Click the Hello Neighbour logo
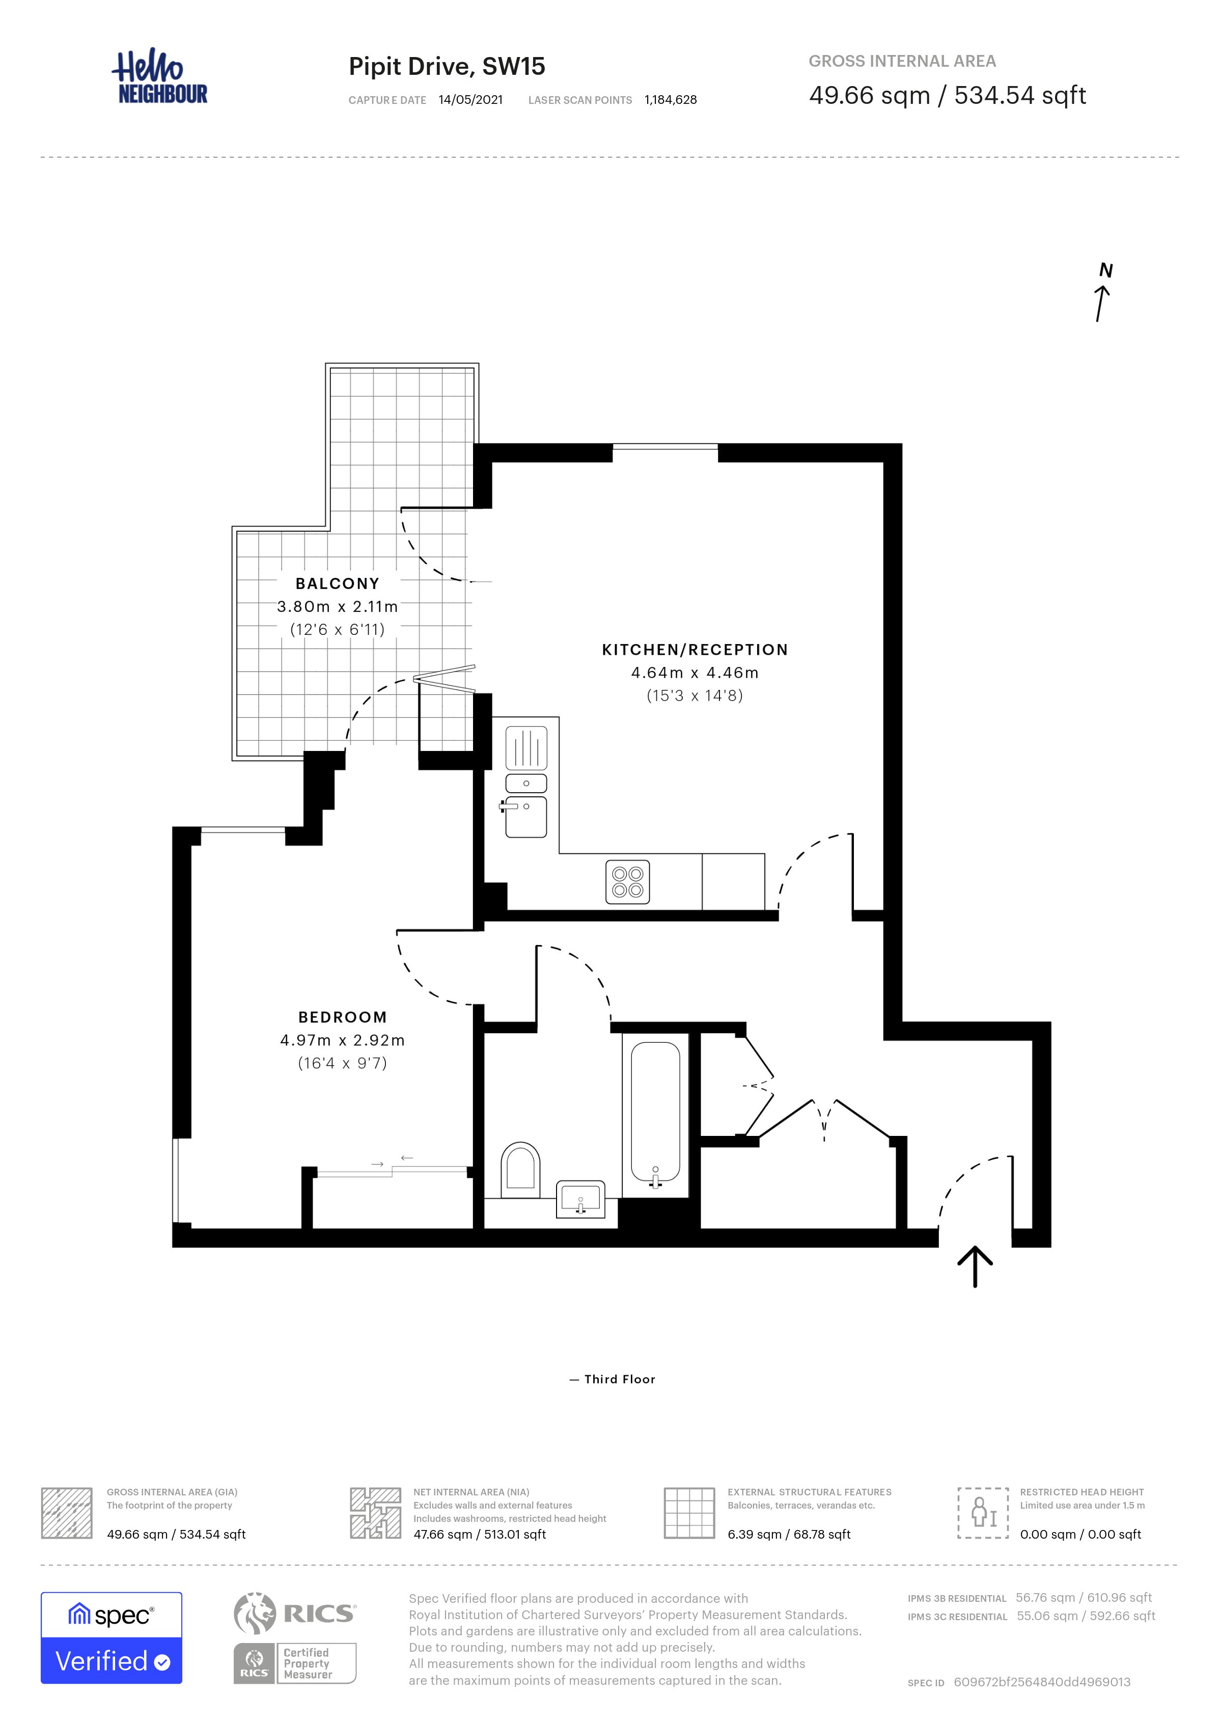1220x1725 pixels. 159,77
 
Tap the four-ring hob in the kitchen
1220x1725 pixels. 627,882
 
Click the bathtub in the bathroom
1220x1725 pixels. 655,1116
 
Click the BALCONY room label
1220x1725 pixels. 337,584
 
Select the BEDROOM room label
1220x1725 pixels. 343,1017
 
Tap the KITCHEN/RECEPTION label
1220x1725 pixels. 695,650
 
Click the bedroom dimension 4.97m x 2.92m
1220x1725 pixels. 343,1041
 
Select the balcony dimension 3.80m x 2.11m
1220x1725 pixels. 337,607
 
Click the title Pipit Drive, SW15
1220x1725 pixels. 447,67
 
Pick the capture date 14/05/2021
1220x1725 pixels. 471,100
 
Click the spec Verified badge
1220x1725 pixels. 111,1638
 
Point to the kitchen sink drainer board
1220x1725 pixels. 526,748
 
